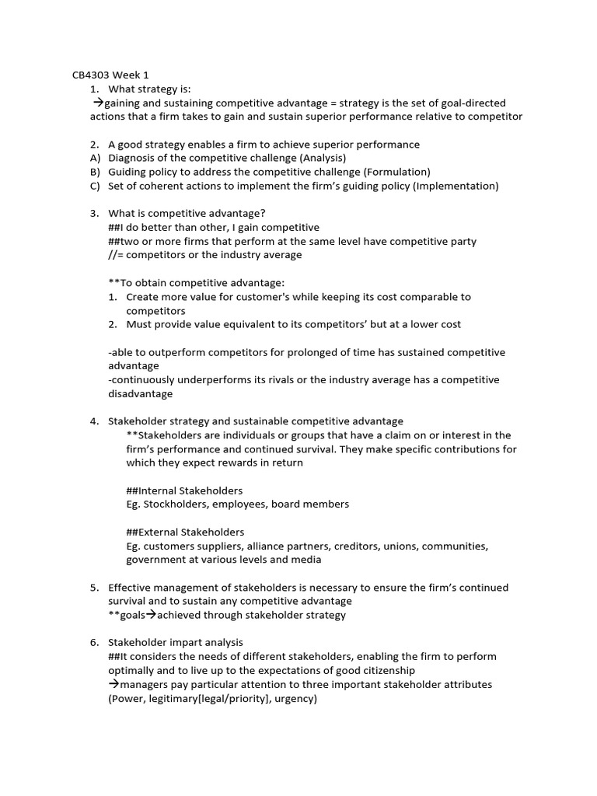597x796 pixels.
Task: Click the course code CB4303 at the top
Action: [x=88, y=75]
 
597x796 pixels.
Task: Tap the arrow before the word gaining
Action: [x=98, y=103]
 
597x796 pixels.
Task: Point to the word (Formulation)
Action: [x=393, y=172]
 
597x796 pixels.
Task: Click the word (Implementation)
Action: [x=456, y=186]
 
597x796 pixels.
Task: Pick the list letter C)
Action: [x=96, y=186]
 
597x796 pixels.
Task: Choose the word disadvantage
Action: [x=141, y=393]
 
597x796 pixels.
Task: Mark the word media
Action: [x=305, y=560]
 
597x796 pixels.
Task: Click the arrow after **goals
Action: [x=151, y=616]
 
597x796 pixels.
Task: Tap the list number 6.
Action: [x=94, y=643]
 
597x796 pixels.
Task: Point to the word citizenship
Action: [x=385, y=670]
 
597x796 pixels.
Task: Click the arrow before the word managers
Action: [x=113, y=685]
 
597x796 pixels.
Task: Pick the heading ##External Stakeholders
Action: [x=185, y=532]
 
